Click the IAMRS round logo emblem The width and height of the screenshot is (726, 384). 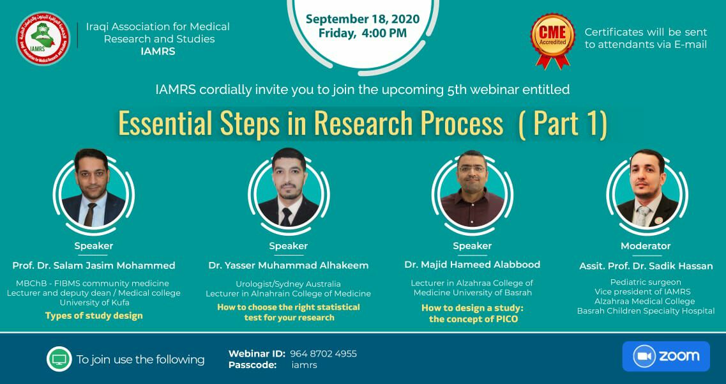click(43, 38)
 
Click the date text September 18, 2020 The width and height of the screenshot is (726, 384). click(363, 19)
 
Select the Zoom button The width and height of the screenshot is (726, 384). click(666, 357)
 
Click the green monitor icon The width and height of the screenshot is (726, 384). click(59, 359)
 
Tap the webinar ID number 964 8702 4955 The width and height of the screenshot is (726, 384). click(324, 354)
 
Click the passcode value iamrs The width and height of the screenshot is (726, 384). click(304, 365)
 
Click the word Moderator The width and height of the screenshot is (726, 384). click(646, 246)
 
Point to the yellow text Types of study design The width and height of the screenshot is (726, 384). click(94, 316)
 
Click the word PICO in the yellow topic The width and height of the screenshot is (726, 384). click(506, 319)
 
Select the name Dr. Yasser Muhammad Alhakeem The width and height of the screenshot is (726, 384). click(289, 265)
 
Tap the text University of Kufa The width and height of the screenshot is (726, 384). click(95, 303)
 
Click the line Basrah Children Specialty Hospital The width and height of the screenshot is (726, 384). click(646, 311)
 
